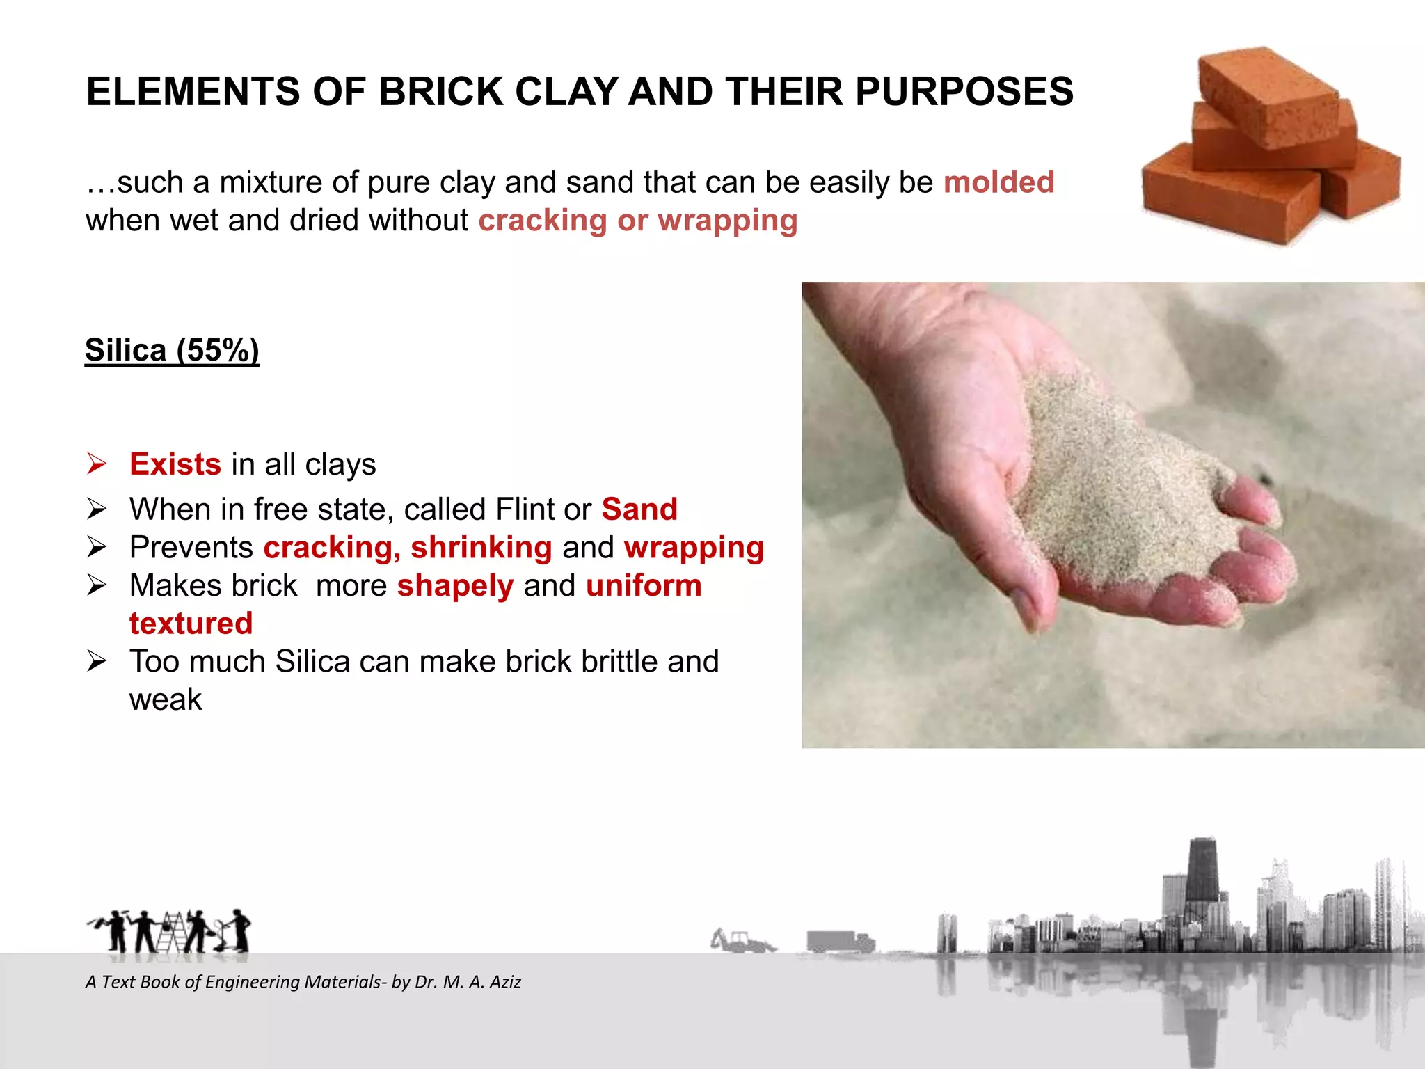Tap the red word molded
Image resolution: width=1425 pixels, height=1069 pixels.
(x=998, y=182)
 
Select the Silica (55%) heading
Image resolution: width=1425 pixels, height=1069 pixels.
(x=172, y=350)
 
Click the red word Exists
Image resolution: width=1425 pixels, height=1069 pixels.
(x=175, y=464)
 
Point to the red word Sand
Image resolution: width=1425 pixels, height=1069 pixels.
(x=639, y=509)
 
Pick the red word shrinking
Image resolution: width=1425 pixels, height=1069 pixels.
(x=481, y=548)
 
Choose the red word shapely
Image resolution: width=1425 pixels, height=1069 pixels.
(x=455, y=586)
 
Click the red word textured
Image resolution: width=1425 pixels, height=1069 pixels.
(x=191, y=624)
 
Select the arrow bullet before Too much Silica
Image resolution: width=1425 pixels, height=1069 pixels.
(x=97, y=661)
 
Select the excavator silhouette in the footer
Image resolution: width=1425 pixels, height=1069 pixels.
(x=742, y=942)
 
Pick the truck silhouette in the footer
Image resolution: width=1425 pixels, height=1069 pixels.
(x=839, y=942)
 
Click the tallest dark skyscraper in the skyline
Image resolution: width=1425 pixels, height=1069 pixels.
(x=1202, y=877)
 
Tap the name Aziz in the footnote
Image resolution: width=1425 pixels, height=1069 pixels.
(x=505, y=982)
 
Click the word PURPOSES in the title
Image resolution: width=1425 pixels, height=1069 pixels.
(x=964, y=92)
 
